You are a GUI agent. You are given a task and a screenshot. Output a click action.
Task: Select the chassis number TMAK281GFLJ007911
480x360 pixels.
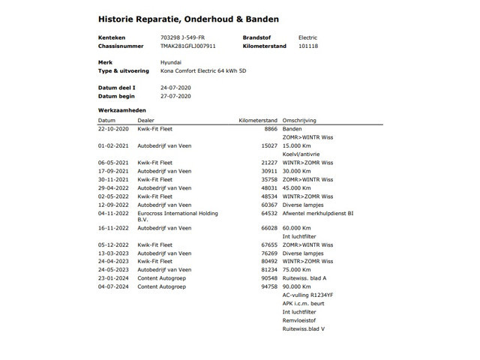[187, 46]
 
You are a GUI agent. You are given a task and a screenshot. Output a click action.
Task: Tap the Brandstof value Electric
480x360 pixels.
[308, 37]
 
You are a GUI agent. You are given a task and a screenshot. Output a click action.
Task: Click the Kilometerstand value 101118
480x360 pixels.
[308, 46]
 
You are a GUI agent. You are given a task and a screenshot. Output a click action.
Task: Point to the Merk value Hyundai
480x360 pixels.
[170, 62]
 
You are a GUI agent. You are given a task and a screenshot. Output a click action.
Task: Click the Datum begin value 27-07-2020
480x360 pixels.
[176, 96]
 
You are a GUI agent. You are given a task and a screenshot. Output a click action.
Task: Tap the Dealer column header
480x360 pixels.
[146, 119]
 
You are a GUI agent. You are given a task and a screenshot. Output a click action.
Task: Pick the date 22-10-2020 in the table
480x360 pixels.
[113, 129]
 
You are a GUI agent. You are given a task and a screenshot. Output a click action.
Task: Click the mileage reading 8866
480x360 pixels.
[271, 129]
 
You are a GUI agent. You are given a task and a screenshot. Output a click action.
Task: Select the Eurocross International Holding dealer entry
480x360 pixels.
[178, 213]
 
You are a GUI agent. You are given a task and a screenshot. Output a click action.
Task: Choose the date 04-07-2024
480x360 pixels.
[113, 285]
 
